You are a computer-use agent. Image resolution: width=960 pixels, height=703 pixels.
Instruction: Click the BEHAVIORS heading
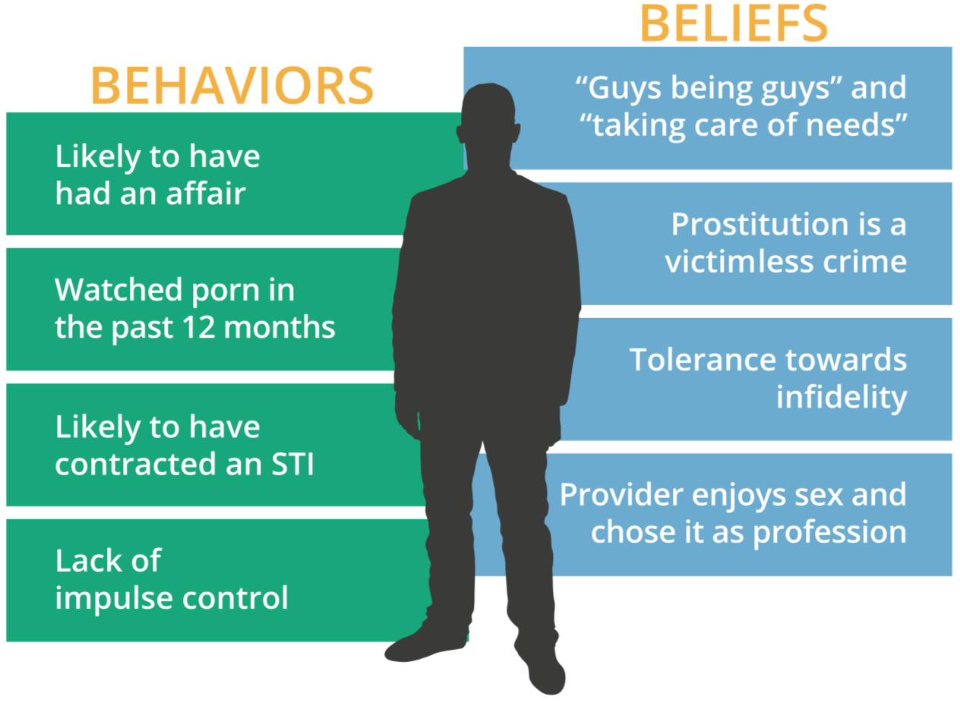click(x=232, y=86)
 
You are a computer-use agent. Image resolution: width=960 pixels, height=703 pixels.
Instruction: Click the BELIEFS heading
click(x=734, y=23)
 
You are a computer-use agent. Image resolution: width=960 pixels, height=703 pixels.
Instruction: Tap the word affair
click(x=206, y=194)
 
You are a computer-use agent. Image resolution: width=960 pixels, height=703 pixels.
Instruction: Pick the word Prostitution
click(x=759, y=225)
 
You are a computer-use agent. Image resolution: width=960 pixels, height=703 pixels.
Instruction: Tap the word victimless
click(x=739, y=262)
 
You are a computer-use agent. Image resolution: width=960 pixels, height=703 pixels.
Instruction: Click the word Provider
click(x=621, y=495)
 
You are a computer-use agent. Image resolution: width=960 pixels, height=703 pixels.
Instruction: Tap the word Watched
click(x=118, y=290)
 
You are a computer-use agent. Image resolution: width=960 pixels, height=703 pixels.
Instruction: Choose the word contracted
click(x=135, y=465)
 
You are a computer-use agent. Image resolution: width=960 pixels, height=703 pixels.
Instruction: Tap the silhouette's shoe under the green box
click(x=426, y=642)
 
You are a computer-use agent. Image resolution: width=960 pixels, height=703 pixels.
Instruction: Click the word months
click(x=279, y=328)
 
